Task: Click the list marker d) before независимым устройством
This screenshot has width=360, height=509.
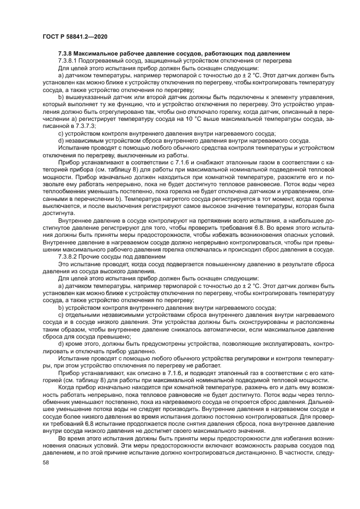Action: coord(61,140)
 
